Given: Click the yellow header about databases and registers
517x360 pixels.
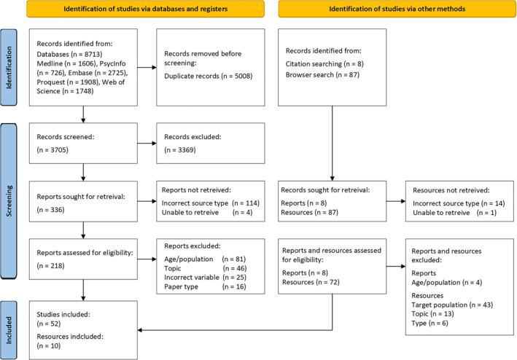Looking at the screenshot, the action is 145,9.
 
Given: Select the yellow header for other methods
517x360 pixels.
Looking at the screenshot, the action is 397,9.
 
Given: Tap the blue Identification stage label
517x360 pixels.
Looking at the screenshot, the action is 9,67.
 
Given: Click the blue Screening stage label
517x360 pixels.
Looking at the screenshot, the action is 9,201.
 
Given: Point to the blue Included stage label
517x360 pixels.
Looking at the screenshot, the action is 9,330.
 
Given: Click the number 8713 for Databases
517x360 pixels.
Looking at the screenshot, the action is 92,54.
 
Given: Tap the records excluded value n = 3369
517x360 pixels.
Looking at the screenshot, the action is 180,150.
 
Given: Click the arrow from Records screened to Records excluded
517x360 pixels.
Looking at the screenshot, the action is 147,144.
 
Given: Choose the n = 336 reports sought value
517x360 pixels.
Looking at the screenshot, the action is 50,210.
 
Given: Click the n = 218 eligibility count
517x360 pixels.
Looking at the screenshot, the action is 50,266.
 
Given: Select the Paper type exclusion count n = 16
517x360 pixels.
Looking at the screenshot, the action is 234,286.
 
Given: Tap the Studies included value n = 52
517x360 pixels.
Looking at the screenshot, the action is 48,324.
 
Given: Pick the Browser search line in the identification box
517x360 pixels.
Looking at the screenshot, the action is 322,75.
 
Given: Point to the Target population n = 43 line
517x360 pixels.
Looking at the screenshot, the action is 452,305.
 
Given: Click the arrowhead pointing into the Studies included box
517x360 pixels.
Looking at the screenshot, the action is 140,330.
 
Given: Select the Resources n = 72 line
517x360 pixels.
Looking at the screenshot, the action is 311,282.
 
